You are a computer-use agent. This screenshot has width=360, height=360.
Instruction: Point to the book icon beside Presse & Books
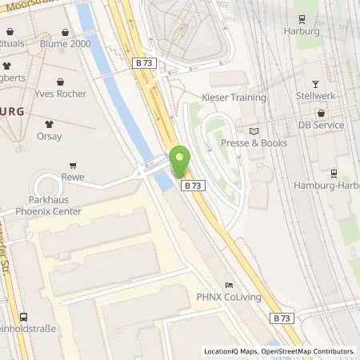coord(254,131)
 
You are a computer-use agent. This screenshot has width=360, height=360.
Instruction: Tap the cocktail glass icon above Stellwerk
coord(314,84)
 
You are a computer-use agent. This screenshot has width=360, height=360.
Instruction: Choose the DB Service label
coord(322,126)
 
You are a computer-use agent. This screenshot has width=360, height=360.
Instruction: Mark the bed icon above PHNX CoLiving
coord(230,285)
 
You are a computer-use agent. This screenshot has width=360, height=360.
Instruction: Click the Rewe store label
coord(73,178)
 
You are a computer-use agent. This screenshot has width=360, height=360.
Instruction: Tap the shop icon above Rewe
coord(74,165)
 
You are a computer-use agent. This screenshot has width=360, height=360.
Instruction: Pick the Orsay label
coord(49,136)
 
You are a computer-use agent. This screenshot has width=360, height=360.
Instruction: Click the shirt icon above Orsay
coord(49,124)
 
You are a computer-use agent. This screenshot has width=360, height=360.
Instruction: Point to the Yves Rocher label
coord(60,94)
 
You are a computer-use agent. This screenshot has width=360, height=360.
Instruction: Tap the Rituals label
coord(14,45)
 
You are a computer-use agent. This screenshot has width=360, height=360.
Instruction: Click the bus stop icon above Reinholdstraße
coord(24,317)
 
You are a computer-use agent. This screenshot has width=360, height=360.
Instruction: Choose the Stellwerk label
coord(314,96)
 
